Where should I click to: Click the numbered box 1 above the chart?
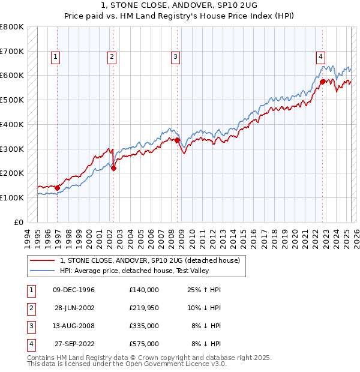coord(55,57)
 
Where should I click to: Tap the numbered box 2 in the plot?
coord(112,57)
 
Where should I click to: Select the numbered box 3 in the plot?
coord(175,57)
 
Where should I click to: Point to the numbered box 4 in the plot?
coord(320,57)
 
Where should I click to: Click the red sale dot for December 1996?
coord(58,188)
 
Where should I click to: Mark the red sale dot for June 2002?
coord(114,168)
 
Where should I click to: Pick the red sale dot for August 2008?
coord(178,140)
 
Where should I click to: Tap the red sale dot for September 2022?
coord(323,82)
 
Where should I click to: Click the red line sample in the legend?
coord(42,260)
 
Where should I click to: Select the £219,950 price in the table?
coord(143,308)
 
